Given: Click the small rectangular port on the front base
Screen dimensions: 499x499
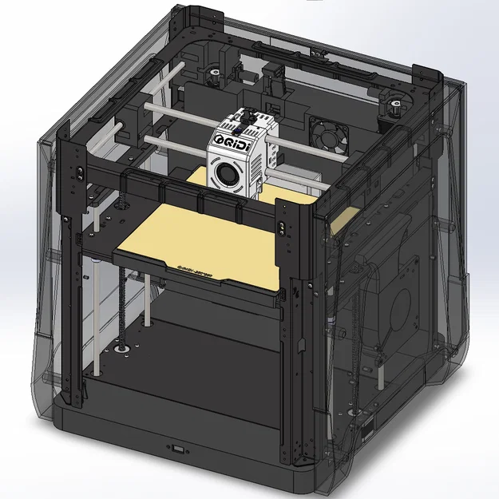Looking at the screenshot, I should tap(177, 449).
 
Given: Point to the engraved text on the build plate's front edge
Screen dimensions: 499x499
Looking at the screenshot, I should tap(196, 270).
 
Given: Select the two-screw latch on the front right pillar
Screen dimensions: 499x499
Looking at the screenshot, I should tap(282, 228).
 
